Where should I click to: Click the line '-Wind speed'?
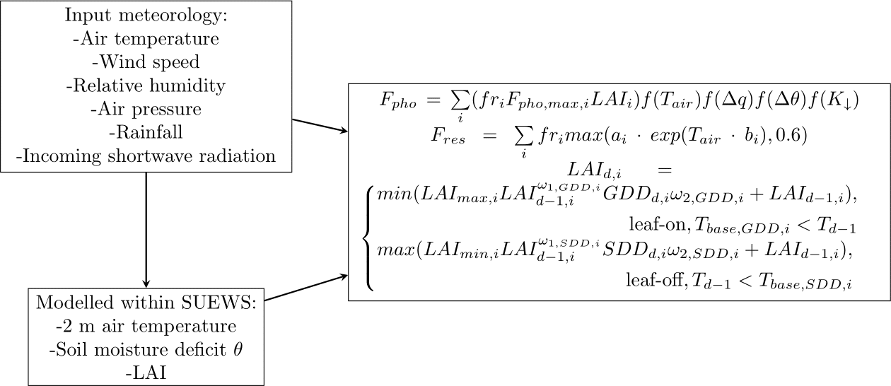tap(146, 62)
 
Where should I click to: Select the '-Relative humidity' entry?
tap(146, 86)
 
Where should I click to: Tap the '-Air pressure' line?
tap(146, 110)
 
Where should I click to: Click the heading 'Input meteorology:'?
tap(146, 15)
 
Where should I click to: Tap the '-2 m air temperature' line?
tap(146, 327)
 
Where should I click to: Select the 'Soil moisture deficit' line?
tap(146, 350)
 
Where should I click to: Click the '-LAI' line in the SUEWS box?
tap(146, 373)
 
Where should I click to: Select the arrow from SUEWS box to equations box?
tap(306, 288)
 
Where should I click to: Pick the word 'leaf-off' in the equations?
tap(647, 283)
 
